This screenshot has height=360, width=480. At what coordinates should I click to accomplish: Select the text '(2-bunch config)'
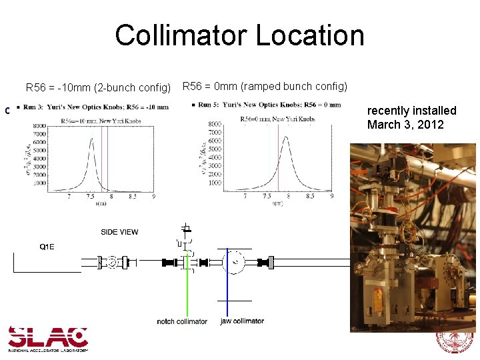coord(133,87)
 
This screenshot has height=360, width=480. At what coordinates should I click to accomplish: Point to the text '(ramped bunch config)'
coord(294,86)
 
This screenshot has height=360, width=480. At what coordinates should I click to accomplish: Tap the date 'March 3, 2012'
coord(405,125)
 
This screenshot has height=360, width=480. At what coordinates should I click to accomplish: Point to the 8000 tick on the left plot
coord(37,125)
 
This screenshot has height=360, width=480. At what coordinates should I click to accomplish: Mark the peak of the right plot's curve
coord(286,137)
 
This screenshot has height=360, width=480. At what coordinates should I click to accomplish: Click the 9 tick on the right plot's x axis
coord(331,197)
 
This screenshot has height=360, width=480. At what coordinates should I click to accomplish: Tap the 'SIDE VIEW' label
coord(120,232)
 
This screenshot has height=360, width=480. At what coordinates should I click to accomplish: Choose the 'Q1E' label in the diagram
coord(47,247)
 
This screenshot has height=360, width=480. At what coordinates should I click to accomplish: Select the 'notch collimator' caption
coord(182,322)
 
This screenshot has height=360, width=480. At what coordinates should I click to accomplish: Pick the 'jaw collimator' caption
coord(242,321)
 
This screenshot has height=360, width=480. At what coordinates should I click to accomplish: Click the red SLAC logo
coord(48,337)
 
